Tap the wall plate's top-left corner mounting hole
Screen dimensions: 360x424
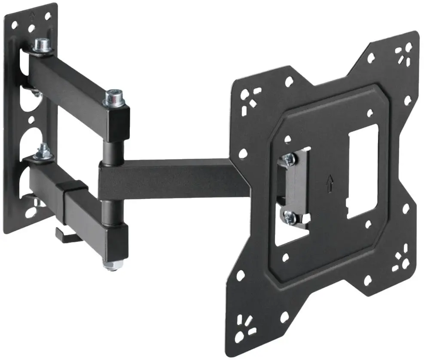point(15,25)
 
